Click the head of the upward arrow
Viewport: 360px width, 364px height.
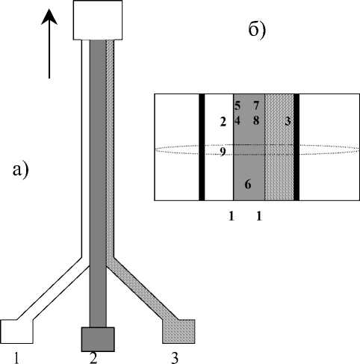49,16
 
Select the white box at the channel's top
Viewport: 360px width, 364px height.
98,20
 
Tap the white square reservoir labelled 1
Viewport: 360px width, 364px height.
17,332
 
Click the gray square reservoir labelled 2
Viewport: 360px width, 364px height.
98,339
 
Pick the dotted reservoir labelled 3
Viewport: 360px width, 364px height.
179,331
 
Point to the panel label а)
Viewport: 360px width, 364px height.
20,170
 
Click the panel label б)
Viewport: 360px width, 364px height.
257,31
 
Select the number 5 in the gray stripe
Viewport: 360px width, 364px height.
238,105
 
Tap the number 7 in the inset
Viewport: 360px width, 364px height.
256,105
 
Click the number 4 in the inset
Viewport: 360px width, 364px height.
238,120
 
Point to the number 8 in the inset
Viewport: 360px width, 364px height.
256,120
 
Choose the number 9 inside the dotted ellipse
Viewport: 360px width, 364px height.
223,152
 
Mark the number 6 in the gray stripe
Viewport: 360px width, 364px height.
248,185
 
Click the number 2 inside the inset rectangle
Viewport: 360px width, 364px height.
223,122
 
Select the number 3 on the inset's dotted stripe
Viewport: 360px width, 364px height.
288,121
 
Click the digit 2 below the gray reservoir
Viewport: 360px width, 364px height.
93,358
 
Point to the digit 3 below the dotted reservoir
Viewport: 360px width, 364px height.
175,358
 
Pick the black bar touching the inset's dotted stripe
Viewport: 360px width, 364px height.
297,147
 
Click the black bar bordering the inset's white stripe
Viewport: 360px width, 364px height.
202,147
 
